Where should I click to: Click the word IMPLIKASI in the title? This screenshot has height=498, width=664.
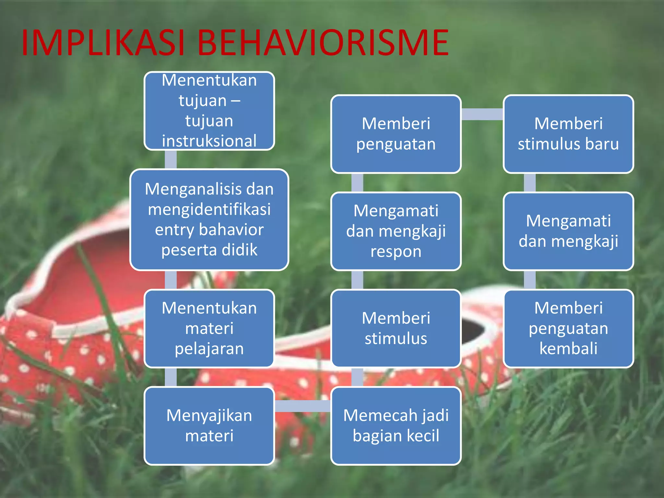pos(103,43)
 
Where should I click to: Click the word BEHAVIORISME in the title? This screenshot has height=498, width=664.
pos(323,43)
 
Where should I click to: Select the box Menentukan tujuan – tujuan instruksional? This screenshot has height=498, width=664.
pos(209,111)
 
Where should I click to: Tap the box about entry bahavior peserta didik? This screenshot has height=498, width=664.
pos(209,219)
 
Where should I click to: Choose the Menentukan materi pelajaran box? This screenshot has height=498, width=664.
pos(209,328)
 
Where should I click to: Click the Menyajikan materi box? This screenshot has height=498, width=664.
pos(209,425)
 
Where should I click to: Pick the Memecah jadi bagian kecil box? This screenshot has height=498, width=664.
pos(396,425)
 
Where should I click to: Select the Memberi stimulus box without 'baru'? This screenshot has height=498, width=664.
pos(396,328)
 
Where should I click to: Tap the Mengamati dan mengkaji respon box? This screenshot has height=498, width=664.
pos(396,231)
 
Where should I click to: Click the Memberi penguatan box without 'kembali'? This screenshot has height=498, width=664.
pos(396,134)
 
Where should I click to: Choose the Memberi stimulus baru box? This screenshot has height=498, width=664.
pos(568,134)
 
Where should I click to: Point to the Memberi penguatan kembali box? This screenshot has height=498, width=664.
pos(568,328)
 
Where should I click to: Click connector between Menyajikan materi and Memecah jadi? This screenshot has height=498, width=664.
pos(302,406)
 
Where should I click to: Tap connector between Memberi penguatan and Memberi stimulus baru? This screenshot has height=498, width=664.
pos(482,114)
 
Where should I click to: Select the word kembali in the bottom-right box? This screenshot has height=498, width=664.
pos(568,349)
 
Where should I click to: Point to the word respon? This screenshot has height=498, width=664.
pos(396,252)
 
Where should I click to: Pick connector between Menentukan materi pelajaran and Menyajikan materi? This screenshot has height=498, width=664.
pos(171,377)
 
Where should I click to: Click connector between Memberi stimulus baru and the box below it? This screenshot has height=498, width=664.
pos(529,183)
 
